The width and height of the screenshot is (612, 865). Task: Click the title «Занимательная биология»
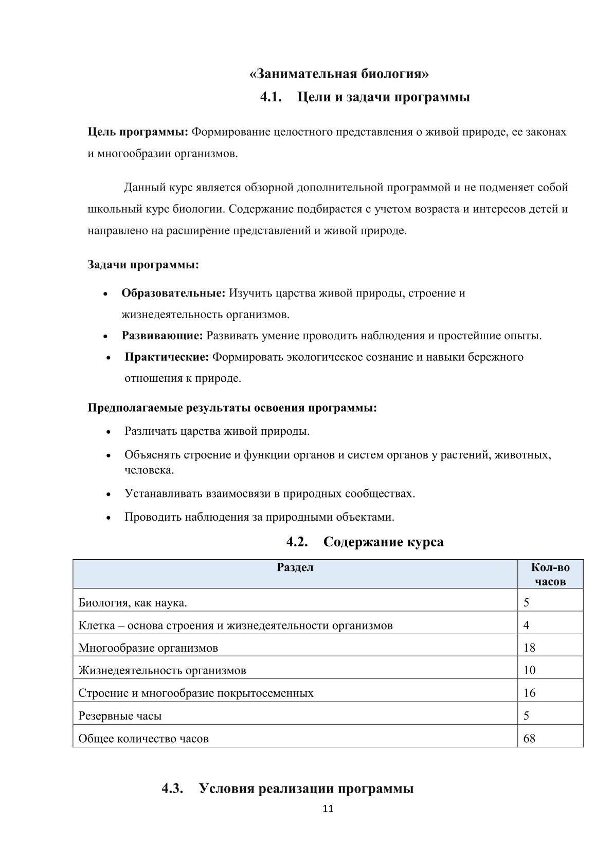click(x=339, y=74)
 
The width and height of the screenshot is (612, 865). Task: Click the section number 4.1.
click(x=271, y=97)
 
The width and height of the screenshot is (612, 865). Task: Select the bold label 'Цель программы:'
click(x=138, y=132)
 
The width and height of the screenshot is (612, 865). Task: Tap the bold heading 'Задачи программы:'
click(x=143, y=265)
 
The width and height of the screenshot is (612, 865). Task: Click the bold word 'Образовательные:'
click(x=173, y=293)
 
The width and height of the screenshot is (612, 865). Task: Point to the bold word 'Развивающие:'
click(x=162, y=336)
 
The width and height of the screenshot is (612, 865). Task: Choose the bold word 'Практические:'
click(x=167, y=357)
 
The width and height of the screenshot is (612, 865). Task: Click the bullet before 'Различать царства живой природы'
click(x=109, y=432)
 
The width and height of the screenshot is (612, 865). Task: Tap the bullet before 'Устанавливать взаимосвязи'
click(x=109, y=494)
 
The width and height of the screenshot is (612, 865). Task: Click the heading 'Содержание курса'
click(x=383, y=542)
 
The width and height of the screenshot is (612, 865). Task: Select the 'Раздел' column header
click(x=295, y=567)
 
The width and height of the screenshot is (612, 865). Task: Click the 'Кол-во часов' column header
click(x=550, y=574)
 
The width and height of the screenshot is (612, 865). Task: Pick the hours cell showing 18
click(x=529, y=648)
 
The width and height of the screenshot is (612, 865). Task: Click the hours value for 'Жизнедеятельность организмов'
click(x=529, y=670)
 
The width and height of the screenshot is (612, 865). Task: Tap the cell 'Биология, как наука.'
click(x=133, y=602)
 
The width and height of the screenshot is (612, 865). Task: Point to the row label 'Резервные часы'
click(x=120, y=715)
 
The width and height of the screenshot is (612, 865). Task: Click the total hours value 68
click(x=529, y=739)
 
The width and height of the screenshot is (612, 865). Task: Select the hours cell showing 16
click(x=529, y=693)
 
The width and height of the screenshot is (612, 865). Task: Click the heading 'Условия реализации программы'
click(x=306, y=788)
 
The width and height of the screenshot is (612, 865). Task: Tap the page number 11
click(x=328, y=809)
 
